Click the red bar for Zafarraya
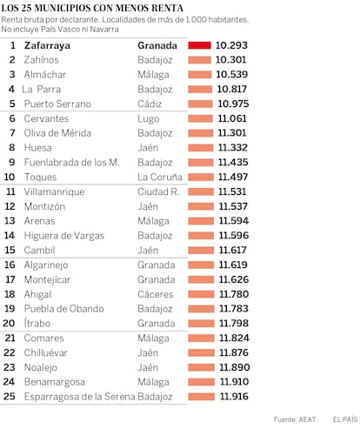click(199, 45)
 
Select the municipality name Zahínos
click(42, 60)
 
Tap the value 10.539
click(232, 75)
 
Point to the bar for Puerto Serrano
click(200, 104)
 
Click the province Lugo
click(149, 119)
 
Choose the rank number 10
click(10, 177)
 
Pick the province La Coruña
click(160, 177)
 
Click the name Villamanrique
click(54, 191)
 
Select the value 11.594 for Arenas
click(234, 221)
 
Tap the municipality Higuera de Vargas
click(64, 236)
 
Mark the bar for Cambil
click(201, 251)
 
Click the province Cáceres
click(156, 294)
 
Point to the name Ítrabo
click(37, 323)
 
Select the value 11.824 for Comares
click(234, 338)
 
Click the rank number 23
click(10, 367)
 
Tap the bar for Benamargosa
click(202, 382)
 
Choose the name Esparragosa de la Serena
click(80, 397)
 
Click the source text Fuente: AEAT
click(296, 419)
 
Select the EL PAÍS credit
click(345, 419)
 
